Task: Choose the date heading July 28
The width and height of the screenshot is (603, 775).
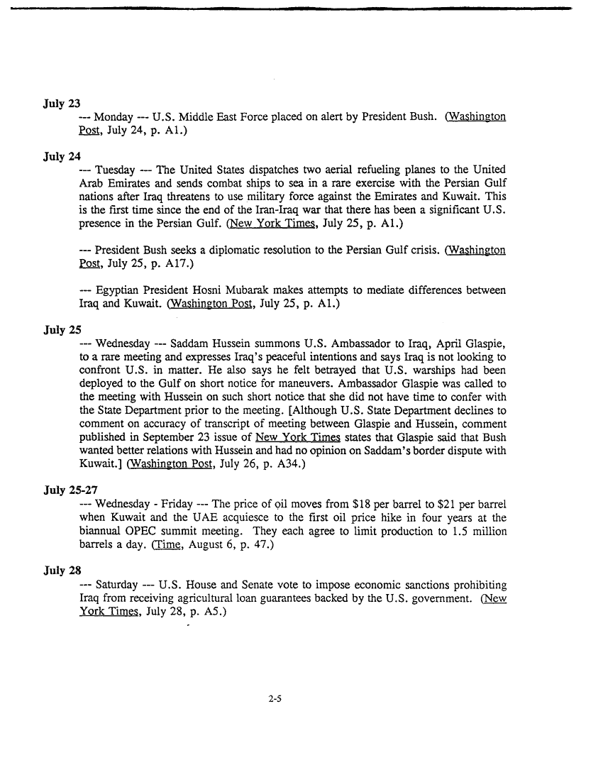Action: point(61,571)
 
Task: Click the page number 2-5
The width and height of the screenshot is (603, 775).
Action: point(276,698)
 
